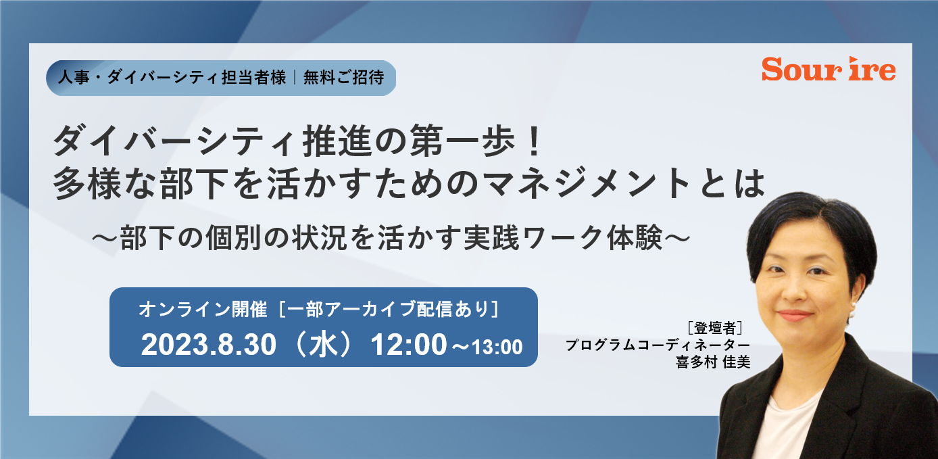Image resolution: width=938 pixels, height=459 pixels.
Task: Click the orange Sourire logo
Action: [829, 69]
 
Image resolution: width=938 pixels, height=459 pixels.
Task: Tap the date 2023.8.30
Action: [209, 345]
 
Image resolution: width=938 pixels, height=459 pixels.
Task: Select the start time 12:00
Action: [409, 345]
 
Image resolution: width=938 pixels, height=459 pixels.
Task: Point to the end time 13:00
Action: [497, 347]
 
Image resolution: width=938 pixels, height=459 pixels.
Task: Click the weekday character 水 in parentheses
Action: [323, 345]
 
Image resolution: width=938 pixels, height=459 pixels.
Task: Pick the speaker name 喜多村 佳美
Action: [713, 362]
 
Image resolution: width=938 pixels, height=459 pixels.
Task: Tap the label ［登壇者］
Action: [715, 328]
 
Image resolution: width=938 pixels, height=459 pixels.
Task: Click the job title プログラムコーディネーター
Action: [658, 345]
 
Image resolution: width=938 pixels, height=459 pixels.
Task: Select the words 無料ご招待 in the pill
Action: [343, 78]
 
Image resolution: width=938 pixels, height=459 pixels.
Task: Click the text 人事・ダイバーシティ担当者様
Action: [172, 78]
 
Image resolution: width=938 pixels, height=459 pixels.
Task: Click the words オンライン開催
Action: [203, 310]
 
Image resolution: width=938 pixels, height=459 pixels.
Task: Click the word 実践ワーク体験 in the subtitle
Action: [563, 238]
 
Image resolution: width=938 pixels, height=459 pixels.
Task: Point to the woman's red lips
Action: [794, 315]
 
